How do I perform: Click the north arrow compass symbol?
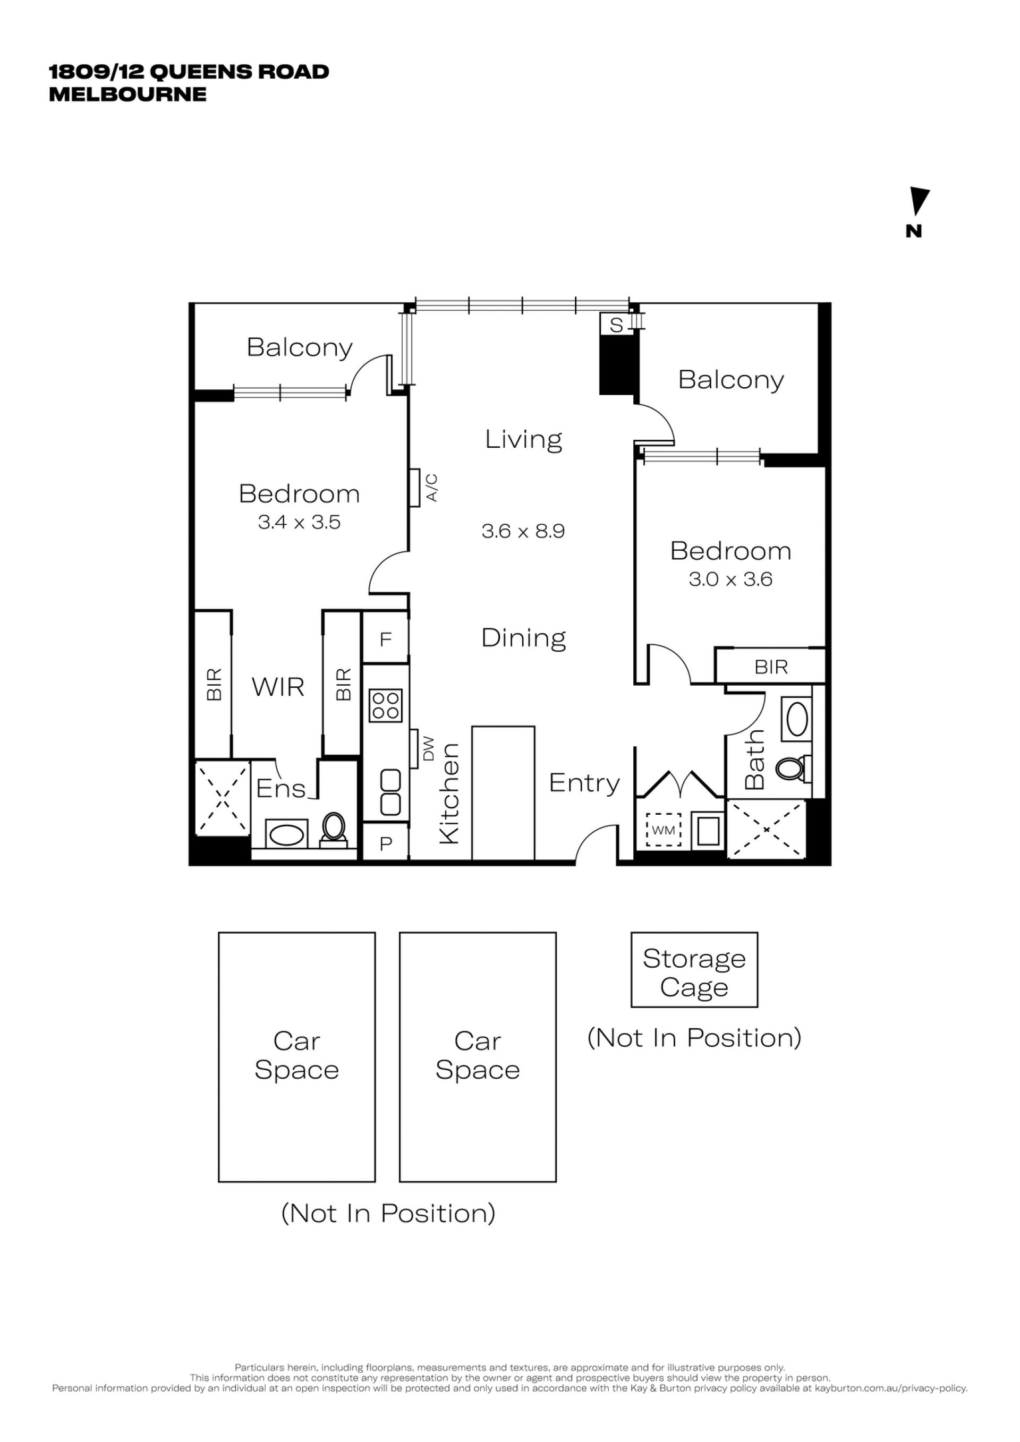919,202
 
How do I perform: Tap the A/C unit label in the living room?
432,488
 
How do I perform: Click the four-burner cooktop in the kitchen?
386,705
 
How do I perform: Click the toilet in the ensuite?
334,829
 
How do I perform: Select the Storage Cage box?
694,970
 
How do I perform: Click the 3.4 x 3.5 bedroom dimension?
299,522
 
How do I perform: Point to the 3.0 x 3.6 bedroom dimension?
730,579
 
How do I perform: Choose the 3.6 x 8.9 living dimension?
523,531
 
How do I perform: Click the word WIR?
278,687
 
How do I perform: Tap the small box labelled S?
616,324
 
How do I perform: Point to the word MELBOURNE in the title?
128,94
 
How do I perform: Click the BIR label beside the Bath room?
771,667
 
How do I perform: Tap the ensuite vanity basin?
286,834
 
